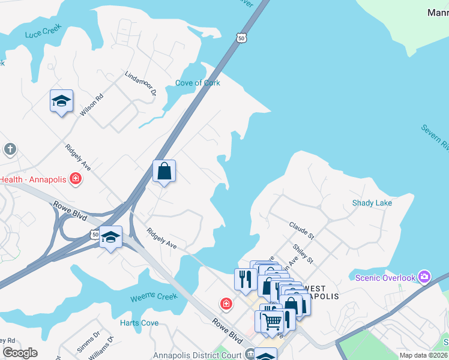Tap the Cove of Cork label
(197, 83)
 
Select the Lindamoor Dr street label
(140, 84)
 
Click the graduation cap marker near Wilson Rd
(61, 101)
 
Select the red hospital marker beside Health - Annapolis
(76, 178)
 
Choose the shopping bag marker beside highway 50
(164, 172)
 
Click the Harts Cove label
(139, 323)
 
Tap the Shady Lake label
(372, 203)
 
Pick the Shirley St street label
(303, 253)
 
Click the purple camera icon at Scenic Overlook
(425, 277)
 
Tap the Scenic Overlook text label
(385, 278)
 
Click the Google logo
(20, 353)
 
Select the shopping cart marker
(272, 320)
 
